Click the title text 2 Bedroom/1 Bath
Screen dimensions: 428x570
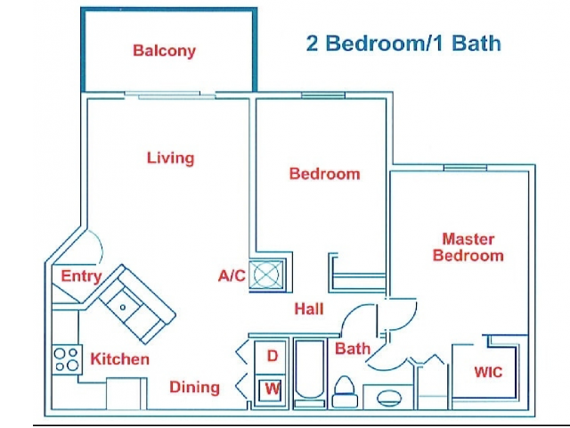(403, 43)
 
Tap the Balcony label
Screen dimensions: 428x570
(164, 51)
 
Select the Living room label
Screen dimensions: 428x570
(170, 158)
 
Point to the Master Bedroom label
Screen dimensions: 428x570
(468, 247)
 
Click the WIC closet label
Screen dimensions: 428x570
(487, 371)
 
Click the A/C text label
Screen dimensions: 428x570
(232, 276)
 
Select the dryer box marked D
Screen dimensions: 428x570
(273, 356)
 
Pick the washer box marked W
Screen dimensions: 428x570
(273, 389)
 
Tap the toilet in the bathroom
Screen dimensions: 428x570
(346, 391)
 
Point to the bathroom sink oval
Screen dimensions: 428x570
(388, 397)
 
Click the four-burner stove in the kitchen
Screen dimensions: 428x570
(67, 358)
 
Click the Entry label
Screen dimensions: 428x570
(80, 276)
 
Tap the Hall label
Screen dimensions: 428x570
(308, 309)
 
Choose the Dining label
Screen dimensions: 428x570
(194, 387)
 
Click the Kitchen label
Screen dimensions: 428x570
(119, 359)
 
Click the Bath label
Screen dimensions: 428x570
(352, 349)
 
